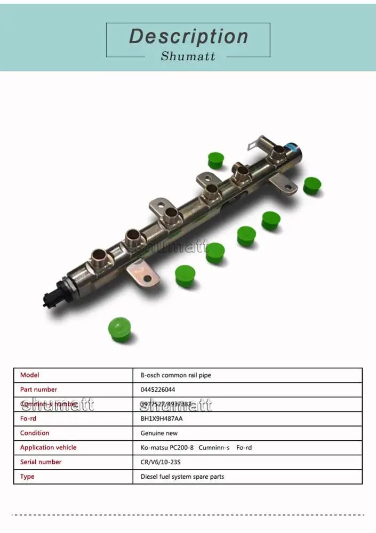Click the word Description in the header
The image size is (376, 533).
click(x=188, y=36)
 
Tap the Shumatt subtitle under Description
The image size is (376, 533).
click(x=188, y=56)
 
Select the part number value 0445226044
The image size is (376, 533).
click(x=158, y=390)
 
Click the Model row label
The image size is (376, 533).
click(x=30, y=375)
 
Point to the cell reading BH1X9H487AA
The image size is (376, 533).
click(x=162, y=418)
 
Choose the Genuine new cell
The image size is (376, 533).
click(x=159, y=433)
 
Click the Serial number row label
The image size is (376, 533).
click(x=41, y=462)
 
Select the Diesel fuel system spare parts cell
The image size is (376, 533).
click(x=182, y=477)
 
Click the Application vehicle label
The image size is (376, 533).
click(x=49, y=448)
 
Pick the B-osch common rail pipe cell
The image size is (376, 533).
click(x=175, y=375)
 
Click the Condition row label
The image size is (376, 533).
click(x=35, y=433)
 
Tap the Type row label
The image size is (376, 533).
click(x=27, y=477)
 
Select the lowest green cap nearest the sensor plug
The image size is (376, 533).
click(x=119, y=329)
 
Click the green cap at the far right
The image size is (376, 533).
click(x=312, y=185)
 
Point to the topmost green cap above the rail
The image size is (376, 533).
click(x=215, y=160)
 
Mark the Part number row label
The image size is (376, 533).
click(x=39, y=390)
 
